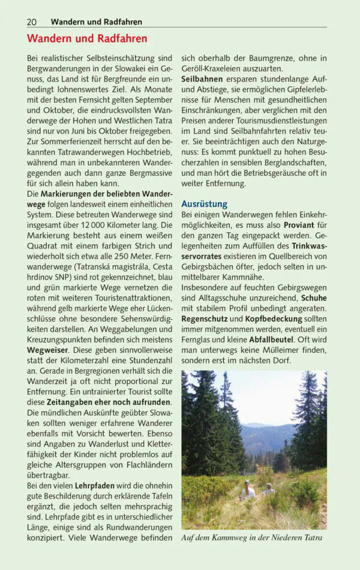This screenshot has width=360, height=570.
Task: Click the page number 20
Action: click(x=32, y=22)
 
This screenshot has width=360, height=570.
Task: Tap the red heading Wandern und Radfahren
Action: click(x=87, y=39)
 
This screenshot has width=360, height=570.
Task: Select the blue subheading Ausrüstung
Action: click(x=204, y=204)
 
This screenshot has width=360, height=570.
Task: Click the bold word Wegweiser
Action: click(x=48, y=349)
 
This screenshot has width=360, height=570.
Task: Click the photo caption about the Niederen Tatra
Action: click(x=252, y=538)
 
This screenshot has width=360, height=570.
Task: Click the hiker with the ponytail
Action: click(x=245, y=491)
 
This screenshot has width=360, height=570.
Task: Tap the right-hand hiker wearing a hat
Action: click(x=269, y=489)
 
